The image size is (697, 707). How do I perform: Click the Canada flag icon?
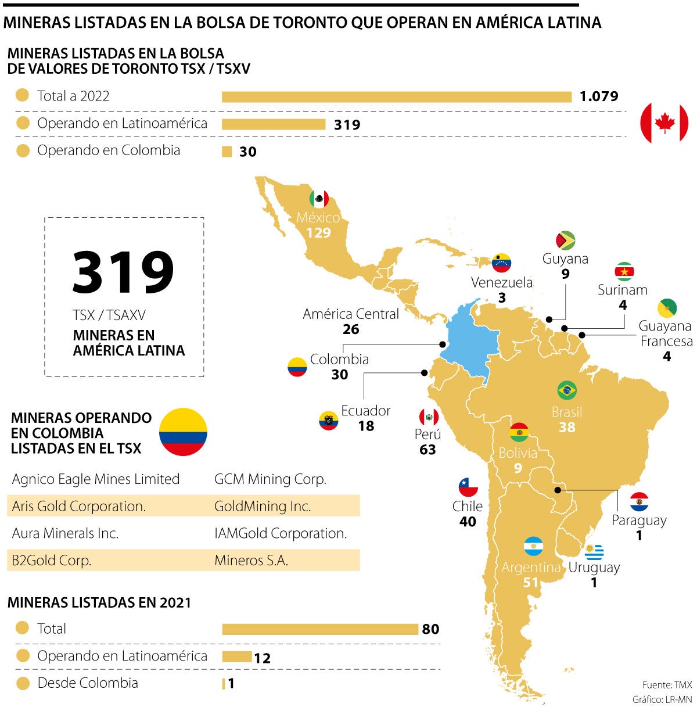click(x=664, y=123)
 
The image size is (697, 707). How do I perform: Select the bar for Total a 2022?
click(x=396, y=97)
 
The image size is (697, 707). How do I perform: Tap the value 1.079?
click(x=599, y=96)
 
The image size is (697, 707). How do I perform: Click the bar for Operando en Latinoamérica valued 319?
click(x=273, y=124)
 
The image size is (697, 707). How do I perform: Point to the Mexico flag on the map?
click(x=319, y=199)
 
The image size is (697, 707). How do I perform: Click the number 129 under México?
click(x=318, y=233)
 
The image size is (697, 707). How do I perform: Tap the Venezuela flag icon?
click(x=501, y=263)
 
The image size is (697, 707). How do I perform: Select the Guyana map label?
click(x=565, y=259)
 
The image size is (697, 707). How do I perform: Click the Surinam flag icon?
click(x=624, y=271)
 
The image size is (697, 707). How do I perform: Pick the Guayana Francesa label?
click(x=666, y=333)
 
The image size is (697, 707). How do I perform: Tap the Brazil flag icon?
click(x=567, y=390)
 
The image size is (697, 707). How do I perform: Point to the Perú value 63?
click(x=427, y=450)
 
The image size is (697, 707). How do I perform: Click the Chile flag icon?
click(x=468, y=487)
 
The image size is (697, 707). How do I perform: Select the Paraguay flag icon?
click(x=639, y=501)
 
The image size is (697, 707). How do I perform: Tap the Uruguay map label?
click(x=594, y=568)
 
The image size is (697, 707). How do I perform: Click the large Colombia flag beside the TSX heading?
click(x=183, y=432)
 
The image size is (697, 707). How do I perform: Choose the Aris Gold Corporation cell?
click(x=79, y=506)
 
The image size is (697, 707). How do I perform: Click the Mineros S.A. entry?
click(x=252, y=561)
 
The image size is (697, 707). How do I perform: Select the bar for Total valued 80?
click(x=319, y=629)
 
